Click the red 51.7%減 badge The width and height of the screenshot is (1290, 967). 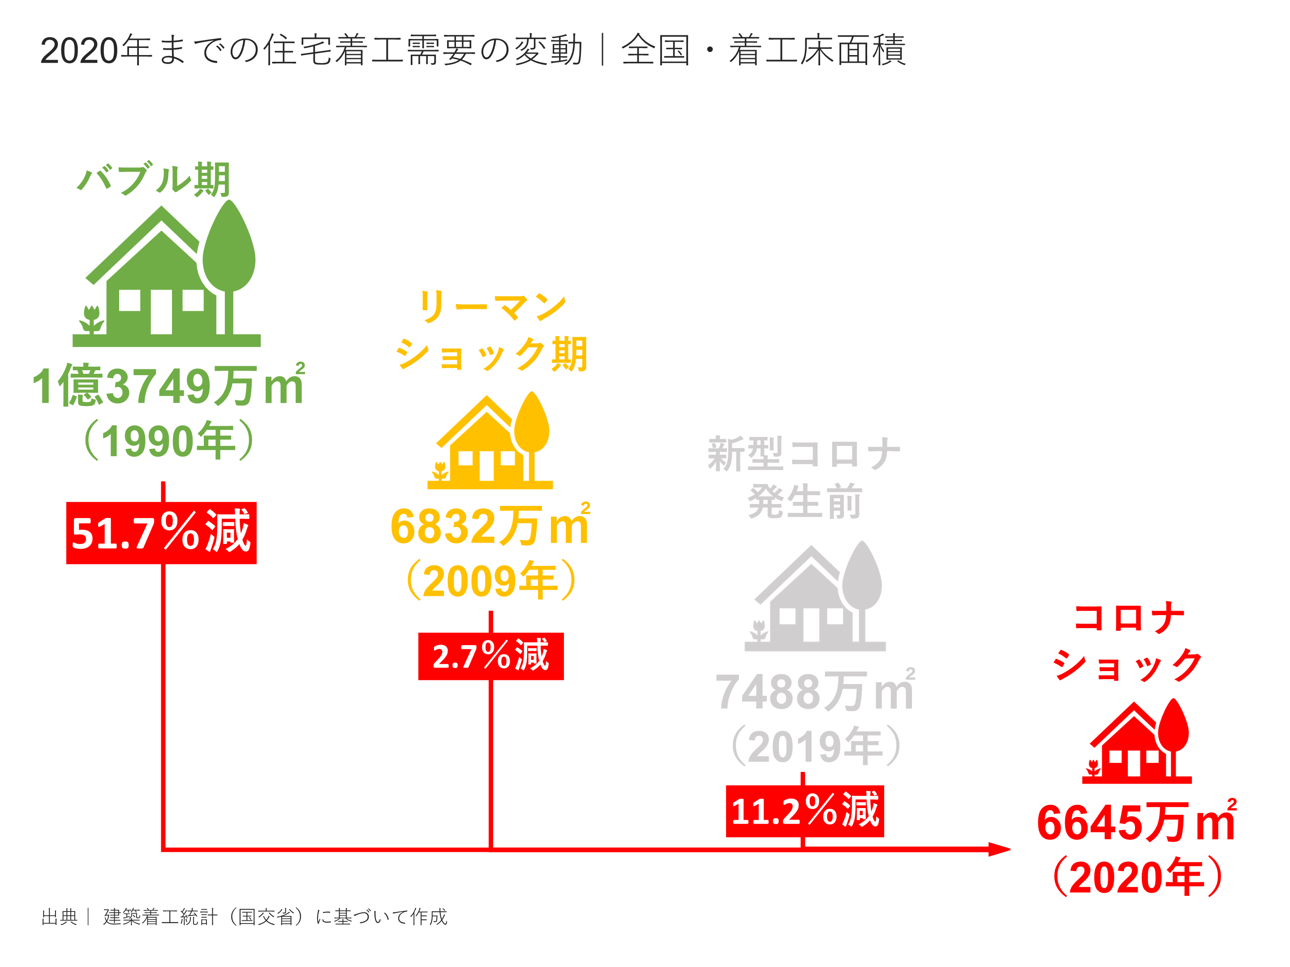161,532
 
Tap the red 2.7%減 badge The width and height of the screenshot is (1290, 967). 490,656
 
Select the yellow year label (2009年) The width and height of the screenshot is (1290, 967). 491,581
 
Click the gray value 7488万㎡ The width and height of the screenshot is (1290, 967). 815,691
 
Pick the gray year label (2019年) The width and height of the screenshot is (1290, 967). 816,746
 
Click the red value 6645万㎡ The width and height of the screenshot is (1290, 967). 1136,822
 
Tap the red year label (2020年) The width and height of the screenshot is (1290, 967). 1137,877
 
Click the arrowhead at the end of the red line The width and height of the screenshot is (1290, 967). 999,849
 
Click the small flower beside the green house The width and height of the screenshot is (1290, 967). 91,319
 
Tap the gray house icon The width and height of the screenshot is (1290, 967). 815,598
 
